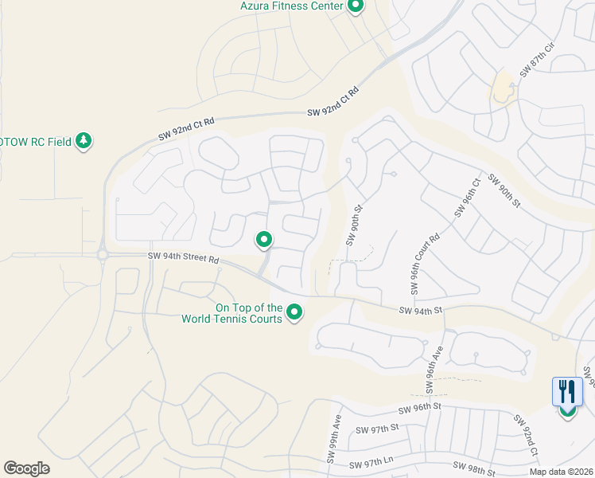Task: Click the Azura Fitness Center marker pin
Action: [356, 6]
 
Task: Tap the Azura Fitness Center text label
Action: [291, 6]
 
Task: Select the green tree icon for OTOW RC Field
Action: [84, 141]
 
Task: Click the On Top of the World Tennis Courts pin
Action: [294, 311]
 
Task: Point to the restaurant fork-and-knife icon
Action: [567, 392]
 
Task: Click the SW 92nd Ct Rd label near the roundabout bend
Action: [186, 129]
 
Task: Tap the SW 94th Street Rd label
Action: [183, 258]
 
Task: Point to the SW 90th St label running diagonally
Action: [504, 190]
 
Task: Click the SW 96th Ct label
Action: [468, 197]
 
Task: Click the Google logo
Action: [26, 468]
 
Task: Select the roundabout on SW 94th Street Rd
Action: [103, 255]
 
